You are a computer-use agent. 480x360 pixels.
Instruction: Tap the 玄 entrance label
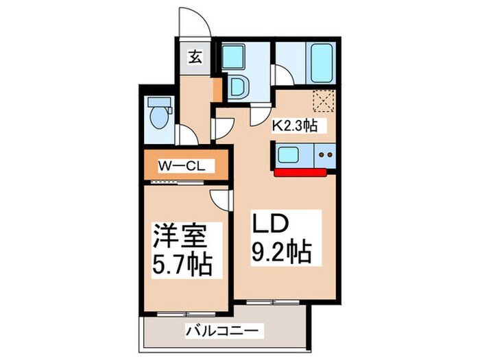[195, 58]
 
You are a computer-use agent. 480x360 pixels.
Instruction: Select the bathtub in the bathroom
[321, 62]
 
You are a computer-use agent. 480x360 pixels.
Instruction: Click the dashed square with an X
[322, 101]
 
